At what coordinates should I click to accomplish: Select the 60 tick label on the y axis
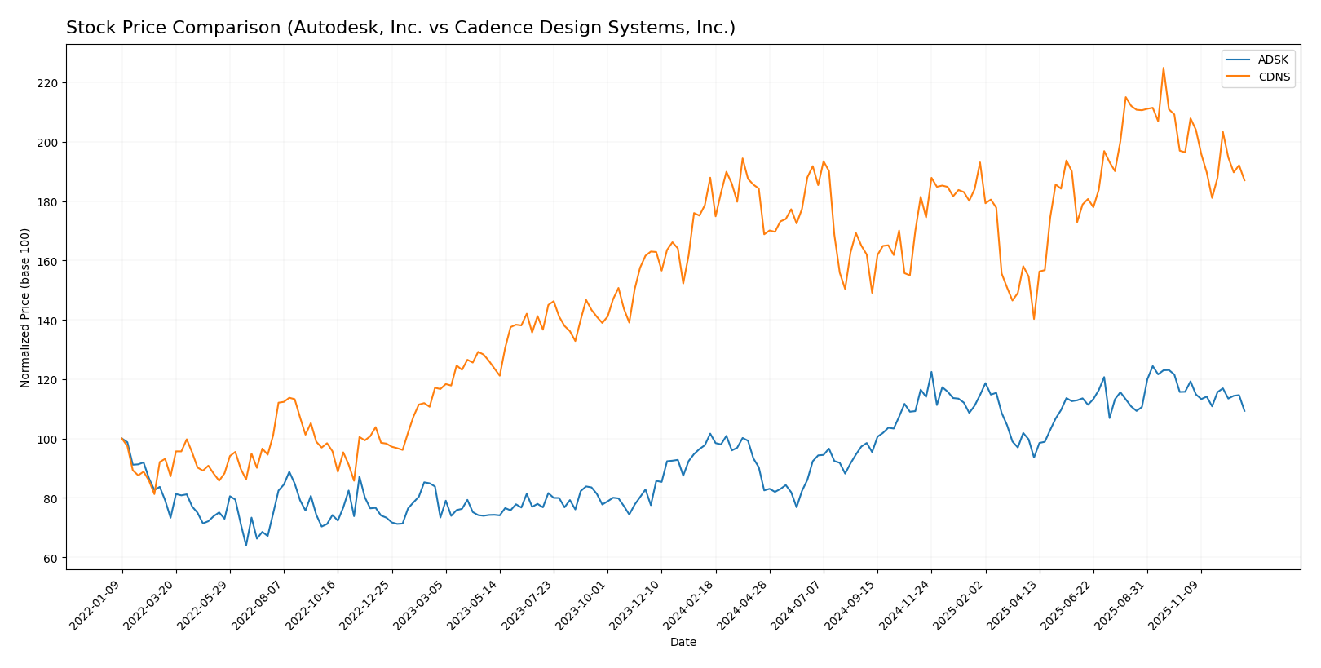pyautogui.click(x=51, y=558)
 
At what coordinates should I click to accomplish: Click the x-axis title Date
pyautogui.click(x=683, y=643)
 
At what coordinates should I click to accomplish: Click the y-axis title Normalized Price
pyautogui.click(x=25, y=307)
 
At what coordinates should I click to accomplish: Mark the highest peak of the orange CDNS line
pyautogui.click(x=1164, y=68)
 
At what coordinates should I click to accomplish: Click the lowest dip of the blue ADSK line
pyautogui.click(x=246, y=546)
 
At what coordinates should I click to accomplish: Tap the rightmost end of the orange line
pyautogui.click(x=1244, y=180)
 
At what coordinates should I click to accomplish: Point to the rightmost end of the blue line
pyautogui.click(x=1244, y=411)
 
